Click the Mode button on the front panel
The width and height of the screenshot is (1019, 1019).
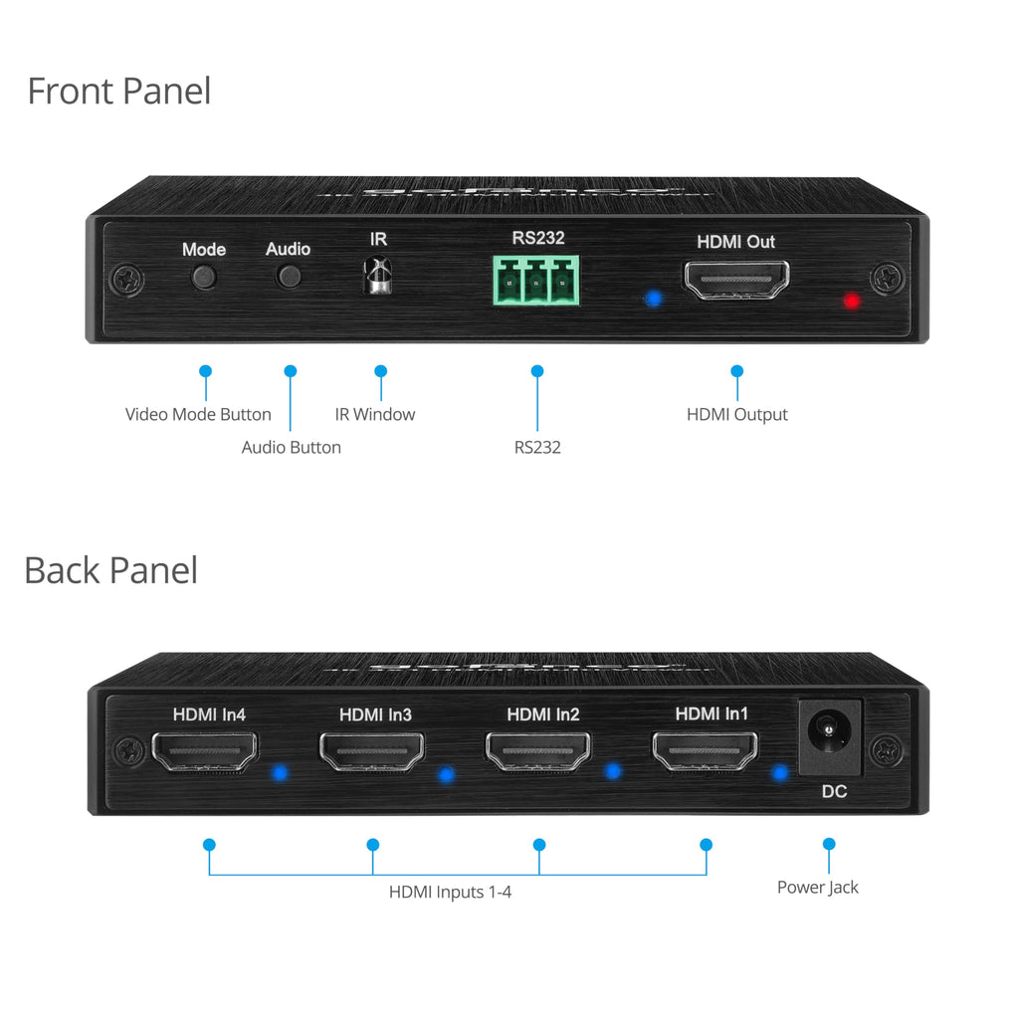(204, 278)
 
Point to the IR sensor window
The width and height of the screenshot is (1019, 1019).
(377, 275)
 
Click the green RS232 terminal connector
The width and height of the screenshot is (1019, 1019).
(536, 280)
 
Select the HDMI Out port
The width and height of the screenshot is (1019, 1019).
(736, 280)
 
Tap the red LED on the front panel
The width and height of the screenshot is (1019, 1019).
(852, 301)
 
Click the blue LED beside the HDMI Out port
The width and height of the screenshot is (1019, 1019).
(653, 299)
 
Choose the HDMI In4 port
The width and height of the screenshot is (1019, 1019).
(205, 751)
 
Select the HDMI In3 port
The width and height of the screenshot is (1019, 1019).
(372, 751)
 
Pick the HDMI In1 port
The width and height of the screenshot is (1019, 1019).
(706, 750)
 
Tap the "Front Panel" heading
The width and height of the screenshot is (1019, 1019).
(119, 91)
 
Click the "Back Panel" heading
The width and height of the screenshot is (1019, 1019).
(111, 570)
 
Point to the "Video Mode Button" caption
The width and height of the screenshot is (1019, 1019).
(198, 415)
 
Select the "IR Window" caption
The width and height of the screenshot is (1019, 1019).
(375, 415)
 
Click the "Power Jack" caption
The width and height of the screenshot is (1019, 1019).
(818, 888)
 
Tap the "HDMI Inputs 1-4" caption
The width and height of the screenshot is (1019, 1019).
(451, 893)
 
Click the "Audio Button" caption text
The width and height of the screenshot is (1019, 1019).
(292, 448)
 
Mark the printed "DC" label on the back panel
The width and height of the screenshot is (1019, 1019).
(835, 791)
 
